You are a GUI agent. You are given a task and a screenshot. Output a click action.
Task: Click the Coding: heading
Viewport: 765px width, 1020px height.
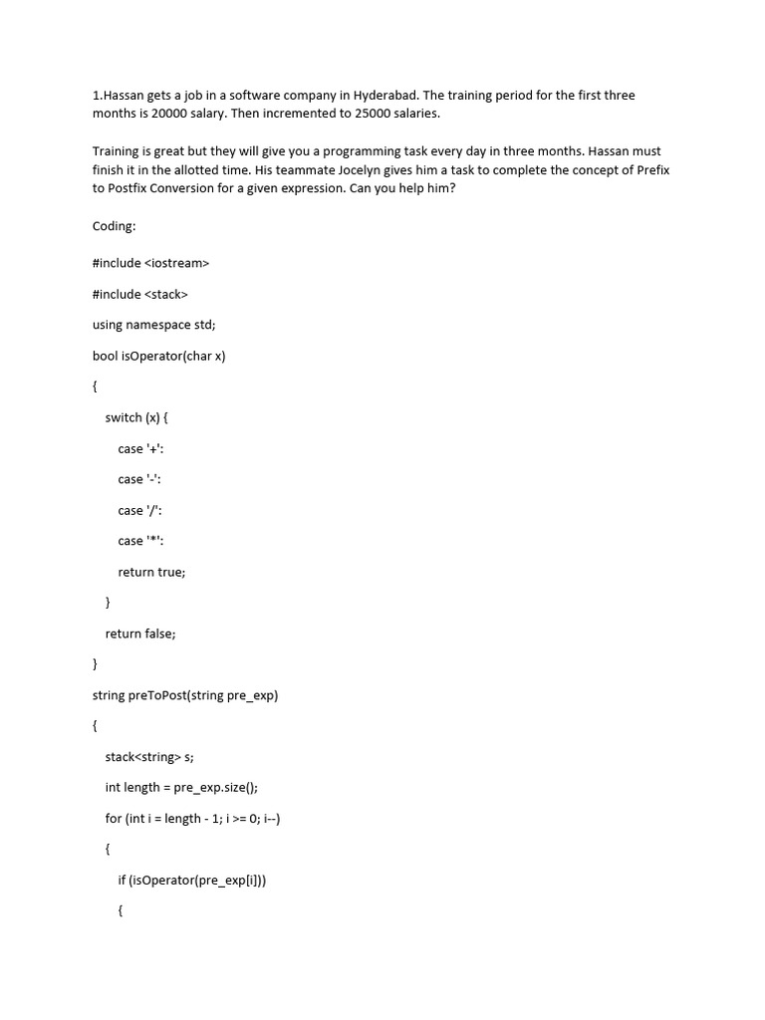pyautogui.click(x=114, y=226)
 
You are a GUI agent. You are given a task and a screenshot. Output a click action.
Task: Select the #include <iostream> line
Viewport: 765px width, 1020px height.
pyautogui.click(x=150, y=263)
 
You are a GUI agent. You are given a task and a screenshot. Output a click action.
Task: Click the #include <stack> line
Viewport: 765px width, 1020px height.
pyautogui.click(x=139, y=294)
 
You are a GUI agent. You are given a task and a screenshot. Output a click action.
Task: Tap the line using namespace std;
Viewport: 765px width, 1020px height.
pyautogui.click(x=153, y=325)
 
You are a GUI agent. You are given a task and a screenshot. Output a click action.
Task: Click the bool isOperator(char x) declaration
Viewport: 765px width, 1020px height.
pyautogui.click(x=158, y=356)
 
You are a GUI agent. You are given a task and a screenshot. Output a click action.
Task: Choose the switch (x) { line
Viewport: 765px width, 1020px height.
pyautogui.click(x=136, y=417)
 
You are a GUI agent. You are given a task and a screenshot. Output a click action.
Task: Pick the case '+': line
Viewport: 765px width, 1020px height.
pyautogui.click(x=139, y=448)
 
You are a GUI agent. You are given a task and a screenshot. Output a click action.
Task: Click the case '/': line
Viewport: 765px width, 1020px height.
pyautogui.click(x=138, y=510)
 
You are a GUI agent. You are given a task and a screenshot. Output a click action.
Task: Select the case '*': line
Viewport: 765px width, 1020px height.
pyautogui.click(x=139, y=541)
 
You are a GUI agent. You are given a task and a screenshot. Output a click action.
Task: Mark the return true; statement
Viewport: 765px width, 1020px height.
pyautogui.click(x=151, y=572)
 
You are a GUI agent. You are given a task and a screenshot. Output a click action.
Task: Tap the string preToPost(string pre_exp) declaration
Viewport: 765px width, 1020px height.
pyautogui.click(x=185, y=695)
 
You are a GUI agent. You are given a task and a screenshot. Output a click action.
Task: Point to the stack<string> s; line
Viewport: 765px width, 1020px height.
pyautogui.click(x=149, y=757)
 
